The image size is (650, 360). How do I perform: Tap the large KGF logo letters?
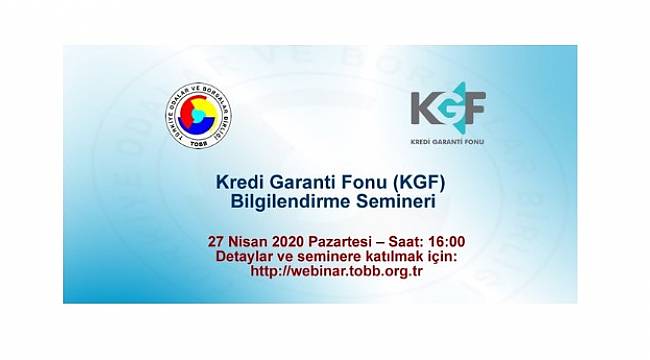[x=447, y=107]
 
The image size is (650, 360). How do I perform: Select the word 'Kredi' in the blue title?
[x=240, y=183]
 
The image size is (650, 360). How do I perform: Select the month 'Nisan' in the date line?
[x=252, y=241]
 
